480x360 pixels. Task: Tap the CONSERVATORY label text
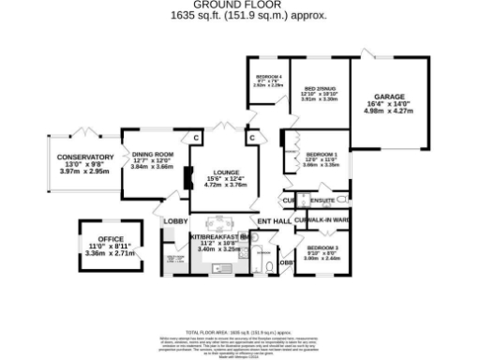click(84, 157)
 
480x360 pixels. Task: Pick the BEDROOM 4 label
click(268, 75)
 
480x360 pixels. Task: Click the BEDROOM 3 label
click(322, 247)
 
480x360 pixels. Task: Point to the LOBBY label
click(175, 221)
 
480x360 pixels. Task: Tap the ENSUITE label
click(322, 200)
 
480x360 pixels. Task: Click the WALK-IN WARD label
click(327, 220)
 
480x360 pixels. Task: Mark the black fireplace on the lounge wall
click(188, 177)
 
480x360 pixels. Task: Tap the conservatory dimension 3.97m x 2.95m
click(84, 172)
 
